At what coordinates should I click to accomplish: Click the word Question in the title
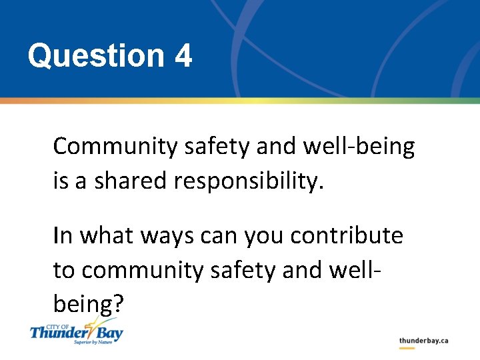(x=95, y=56)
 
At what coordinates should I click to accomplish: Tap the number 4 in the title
(x=183, y=56)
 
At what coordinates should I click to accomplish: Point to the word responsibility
(x=248, y=181)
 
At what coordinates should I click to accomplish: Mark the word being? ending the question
(x=88, y=304)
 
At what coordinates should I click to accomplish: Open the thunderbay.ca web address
(x=423, y=341)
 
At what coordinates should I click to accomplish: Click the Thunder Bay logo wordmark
(x=76, y=331)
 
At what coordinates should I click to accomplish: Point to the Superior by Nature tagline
(x=93, y=342)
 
